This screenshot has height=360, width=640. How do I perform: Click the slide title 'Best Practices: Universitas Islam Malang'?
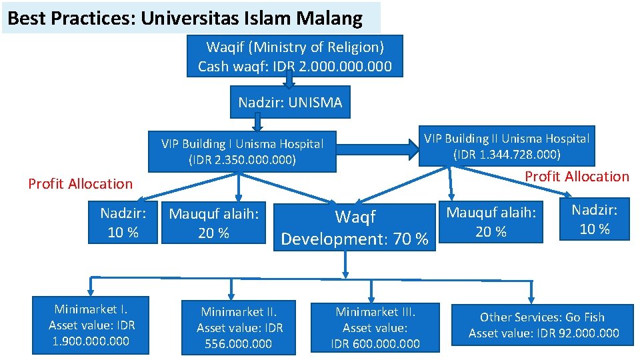pyautogui.click(x=185, y=18)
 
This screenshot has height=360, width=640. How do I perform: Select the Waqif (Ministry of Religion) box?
pyautogui.click(x=295, y=56)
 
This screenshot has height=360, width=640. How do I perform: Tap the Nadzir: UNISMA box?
pyautogui.click(x=290, y=102)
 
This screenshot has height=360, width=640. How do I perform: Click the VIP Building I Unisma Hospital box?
pyautogui.click(x=242, y=151)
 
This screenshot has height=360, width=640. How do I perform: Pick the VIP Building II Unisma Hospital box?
pyautogui.click(x=507, y=146)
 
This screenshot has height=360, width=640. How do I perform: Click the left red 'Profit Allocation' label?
pyautogui.click(x=81, y=183)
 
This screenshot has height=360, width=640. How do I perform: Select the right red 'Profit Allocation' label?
pyautogui.click(x=577, y=176)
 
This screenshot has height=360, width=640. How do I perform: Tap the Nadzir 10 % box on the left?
pyautogui.click(x=123, y=223)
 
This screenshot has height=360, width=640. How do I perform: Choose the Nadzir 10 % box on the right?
pyautogui.click(x=595, y=219)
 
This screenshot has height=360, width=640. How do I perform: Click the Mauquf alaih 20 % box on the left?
pyautogui.click(x=213, y=223)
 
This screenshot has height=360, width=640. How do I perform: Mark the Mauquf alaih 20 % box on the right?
pyautogui.click(x=491, y=221)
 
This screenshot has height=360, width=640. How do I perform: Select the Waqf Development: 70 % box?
pyautogui.click(x=355, y=228)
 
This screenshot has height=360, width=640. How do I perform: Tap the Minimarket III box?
pyautogui.click(x=375, y=327)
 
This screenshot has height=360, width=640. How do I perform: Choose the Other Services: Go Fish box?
pyautogui.click(x=543, y=325)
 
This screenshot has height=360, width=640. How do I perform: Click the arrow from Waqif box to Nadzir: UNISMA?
pyautogui.click(x=289, y=82)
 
